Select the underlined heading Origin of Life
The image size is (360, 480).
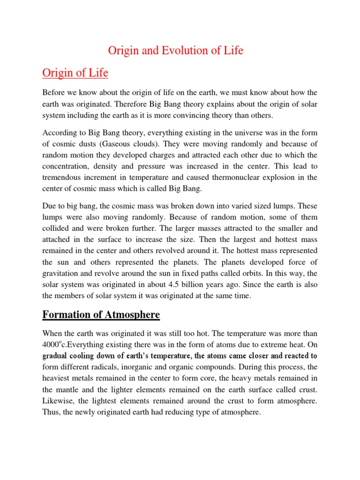click(x=75, y=73)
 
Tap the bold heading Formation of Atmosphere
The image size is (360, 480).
click(x=101, y=315)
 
